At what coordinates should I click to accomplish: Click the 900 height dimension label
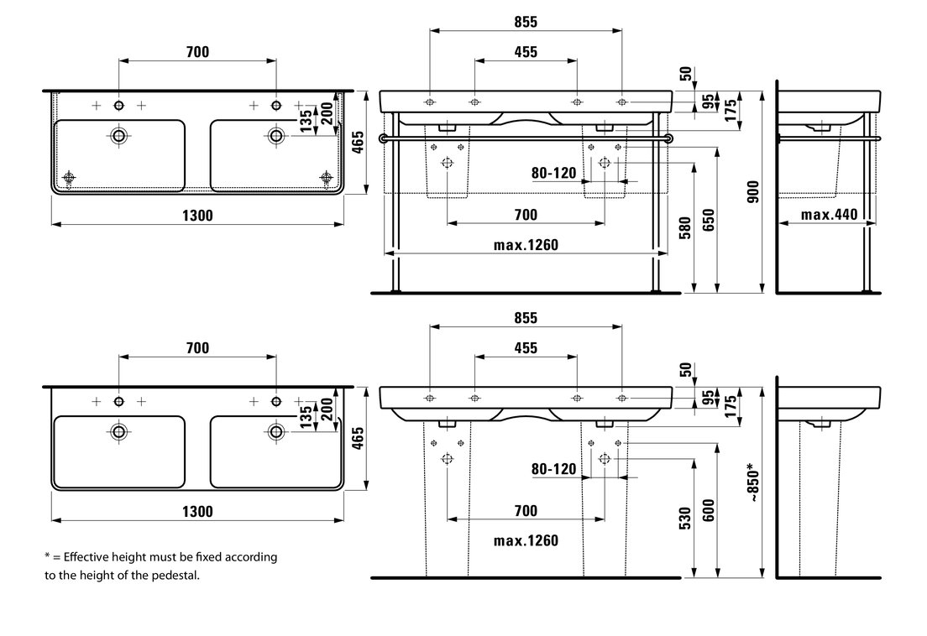click(x=753, y=192)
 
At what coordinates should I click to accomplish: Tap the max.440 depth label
click(x=829, y=215)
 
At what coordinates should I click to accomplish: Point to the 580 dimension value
click(x=685, y=228)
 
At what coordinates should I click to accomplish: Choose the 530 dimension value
click(x=685, y=518)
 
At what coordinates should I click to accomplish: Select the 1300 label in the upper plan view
click(x=198, y=216)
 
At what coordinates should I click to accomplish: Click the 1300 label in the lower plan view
click(x=198, y=512)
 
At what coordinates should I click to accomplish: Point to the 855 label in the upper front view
click(x=526, y=22)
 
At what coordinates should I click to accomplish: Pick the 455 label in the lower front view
click(x=526, y=347)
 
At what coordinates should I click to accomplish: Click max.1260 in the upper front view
click(x=526, y=245)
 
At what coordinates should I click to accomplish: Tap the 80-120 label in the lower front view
click(x=554, y=469)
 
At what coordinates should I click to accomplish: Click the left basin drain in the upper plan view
click(x=119, y=135)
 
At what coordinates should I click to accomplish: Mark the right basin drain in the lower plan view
click(x=275, y=431)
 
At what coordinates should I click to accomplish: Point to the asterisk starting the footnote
click(x=47, y=556)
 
